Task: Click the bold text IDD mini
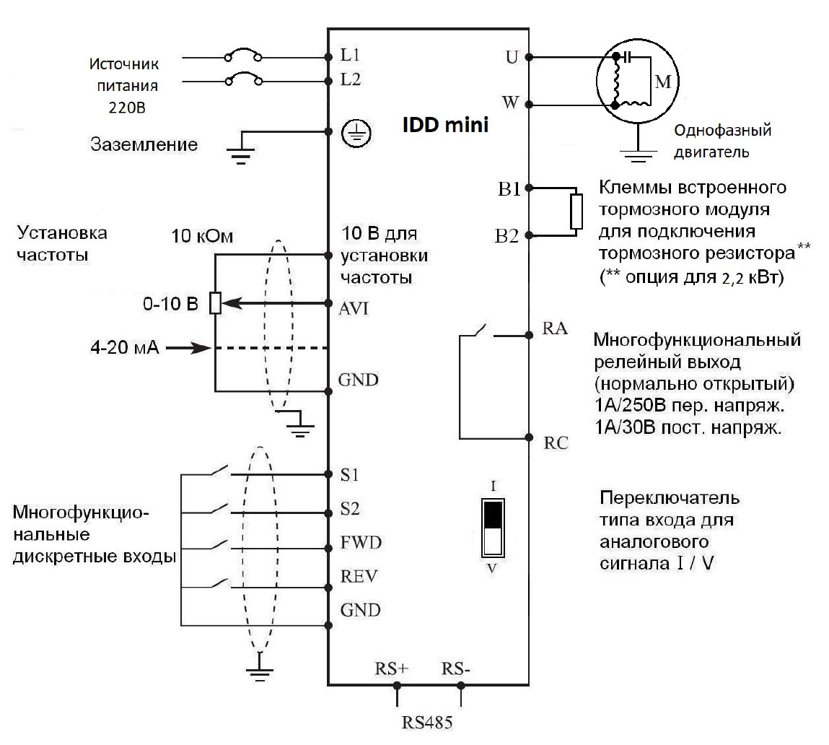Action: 445,126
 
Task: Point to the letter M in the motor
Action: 662,82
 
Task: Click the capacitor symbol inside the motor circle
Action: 628,56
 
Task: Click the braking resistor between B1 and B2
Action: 576,211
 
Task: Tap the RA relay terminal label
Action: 555,330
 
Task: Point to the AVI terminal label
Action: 354,308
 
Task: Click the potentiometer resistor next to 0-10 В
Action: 215,303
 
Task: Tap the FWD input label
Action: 361,543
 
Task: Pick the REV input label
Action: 359,577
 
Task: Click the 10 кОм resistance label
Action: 197,236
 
